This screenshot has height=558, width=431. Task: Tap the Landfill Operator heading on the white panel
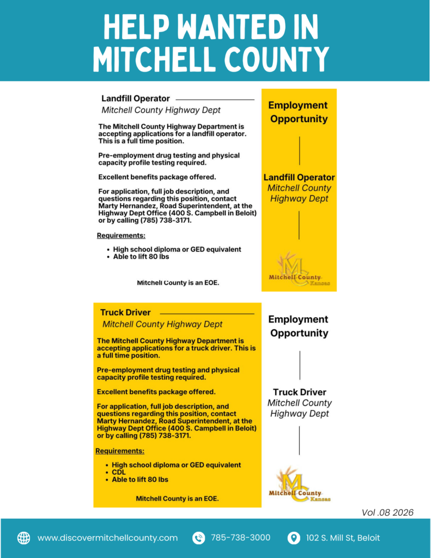[136, 99]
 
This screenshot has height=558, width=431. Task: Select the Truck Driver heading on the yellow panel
[125, 313]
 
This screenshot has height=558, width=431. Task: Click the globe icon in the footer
[24, 538]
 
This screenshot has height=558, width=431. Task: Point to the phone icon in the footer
[199, 538]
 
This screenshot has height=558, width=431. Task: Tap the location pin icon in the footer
[294, 538]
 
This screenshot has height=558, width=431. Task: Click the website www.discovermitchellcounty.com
[107, 538]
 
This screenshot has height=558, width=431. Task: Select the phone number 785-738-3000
[240, 538]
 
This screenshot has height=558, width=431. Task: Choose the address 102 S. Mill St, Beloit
[343, 538]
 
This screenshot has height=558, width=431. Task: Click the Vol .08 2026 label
[387, 512]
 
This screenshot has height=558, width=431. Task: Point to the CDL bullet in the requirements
[119, 472]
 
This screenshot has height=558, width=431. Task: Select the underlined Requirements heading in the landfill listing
[121, 236]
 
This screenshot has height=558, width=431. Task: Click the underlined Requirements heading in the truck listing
[120, 451]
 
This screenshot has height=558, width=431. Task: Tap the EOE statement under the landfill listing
[178, 283]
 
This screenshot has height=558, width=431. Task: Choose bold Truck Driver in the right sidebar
[299, 392]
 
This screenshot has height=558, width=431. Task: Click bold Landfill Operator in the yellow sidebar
[299, 178]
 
